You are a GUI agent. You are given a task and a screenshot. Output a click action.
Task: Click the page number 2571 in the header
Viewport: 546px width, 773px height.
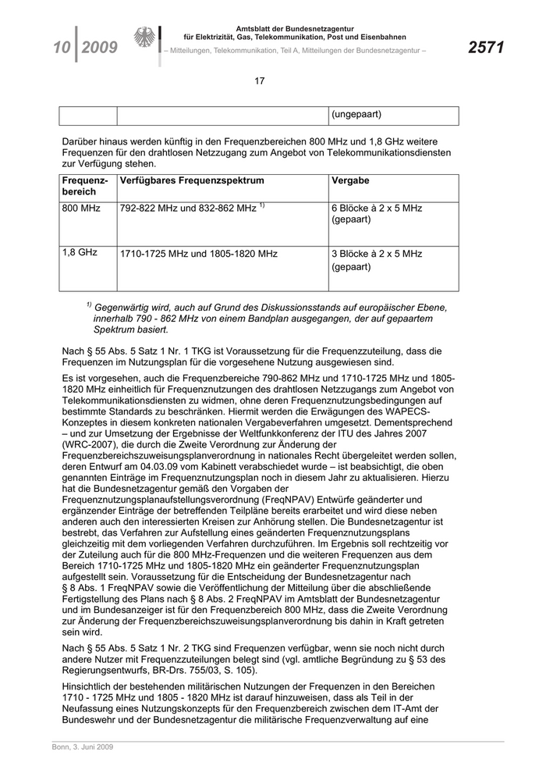tap(486, 48)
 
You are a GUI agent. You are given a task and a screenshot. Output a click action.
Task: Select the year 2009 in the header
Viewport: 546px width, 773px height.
tap(99, 48)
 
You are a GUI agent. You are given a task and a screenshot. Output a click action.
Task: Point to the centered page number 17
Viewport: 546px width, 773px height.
tap(260, 81)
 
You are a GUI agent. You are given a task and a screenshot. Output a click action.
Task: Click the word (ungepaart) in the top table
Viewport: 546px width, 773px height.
tap(356, 115)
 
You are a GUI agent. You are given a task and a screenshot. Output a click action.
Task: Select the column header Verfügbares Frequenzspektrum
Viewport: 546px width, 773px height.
tap(191, 181)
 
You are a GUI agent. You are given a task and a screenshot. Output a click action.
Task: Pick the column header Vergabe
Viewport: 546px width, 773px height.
tap(350, 181)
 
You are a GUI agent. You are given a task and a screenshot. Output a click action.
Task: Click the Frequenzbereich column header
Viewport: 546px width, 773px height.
tap(85, 187)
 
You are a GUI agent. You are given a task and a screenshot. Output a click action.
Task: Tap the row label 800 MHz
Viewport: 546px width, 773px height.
tap(81, 208)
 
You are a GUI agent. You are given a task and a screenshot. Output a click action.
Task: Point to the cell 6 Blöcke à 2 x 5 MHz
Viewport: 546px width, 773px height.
tap(377, 208)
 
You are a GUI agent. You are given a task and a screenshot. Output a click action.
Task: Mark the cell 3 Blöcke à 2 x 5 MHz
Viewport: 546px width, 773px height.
tap(377, 254)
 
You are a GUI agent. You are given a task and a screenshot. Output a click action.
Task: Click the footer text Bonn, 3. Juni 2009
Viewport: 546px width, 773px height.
tap(77, 748)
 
